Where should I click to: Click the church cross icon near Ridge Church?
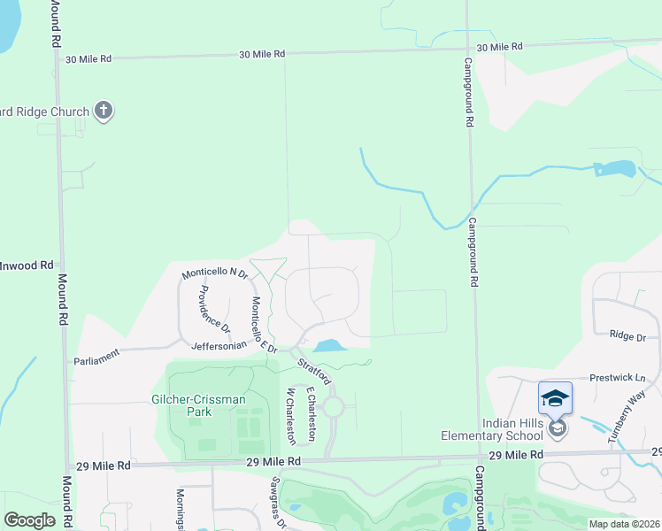click(x=104, y=112)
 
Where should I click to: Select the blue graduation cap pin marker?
click(x=555, y=398)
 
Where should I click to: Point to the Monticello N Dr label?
click(x=215, y=274)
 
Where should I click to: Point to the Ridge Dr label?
click(x=628, y=335)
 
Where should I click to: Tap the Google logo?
click(x=29, y=519)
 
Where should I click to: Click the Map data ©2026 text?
click(x=623, y=524)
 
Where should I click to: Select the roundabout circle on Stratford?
click(x=333, y=407)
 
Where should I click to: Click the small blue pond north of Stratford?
click(x=327, y=346)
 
